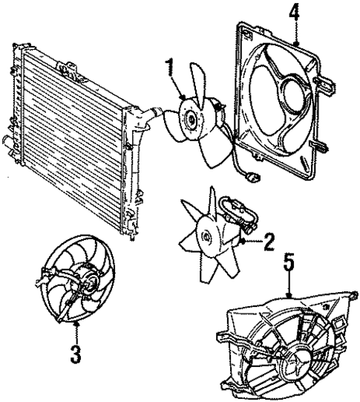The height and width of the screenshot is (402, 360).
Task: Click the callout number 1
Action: coord(171,69)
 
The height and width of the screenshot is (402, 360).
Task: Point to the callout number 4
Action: coord(295,12)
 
